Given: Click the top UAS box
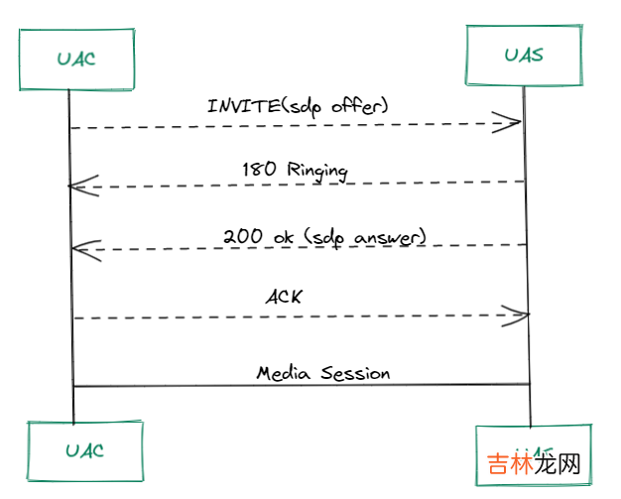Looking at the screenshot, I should pos(523,55).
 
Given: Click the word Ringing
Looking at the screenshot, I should pos(316,171).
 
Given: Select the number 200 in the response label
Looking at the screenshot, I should pos(242,236).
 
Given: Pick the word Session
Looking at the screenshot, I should pos(352,373).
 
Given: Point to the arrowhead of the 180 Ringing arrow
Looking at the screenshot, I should pos(81,186).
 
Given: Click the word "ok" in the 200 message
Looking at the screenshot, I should pos(284,236).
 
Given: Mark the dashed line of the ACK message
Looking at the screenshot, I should pos(298,316).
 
